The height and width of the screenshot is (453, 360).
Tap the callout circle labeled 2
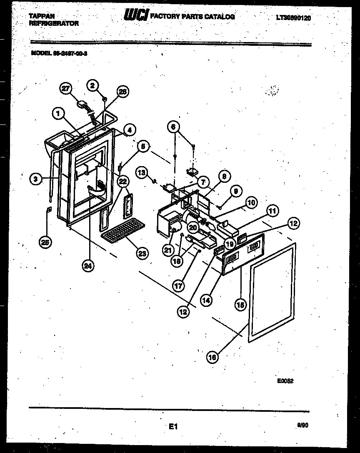click(x=93, y=85)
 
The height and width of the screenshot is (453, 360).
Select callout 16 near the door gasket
click(x=212, y=356)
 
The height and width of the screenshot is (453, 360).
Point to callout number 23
click(x=142, y=253)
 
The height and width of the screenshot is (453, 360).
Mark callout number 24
click(x=87, y=266)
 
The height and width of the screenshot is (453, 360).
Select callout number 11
click(x=272, y=212)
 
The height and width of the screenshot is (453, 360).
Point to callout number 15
click(x=240, y=305)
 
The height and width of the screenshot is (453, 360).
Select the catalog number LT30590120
click(x=293, y=18)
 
